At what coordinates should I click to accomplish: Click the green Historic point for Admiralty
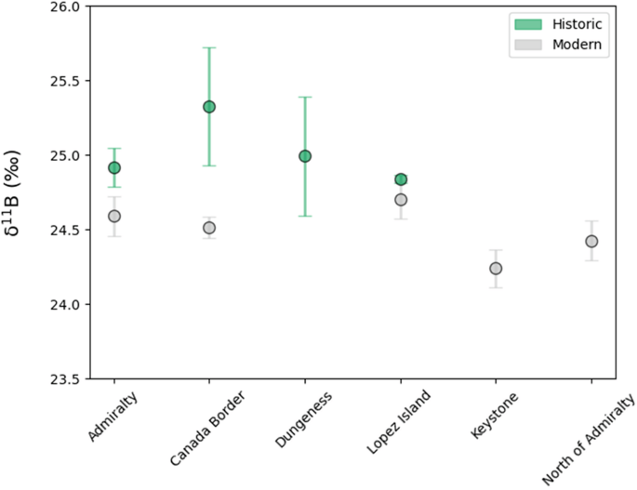(114, 167)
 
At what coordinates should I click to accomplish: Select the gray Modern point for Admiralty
(114, 216)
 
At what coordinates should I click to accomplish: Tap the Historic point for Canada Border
(209, 107)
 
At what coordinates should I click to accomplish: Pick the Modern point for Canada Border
(209, 228)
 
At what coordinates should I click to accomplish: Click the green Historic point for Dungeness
(305, 156)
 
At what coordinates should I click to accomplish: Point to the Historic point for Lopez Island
(401, 179)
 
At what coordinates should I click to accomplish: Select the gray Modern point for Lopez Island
(401, 200)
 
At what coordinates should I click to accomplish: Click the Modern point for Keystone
(496, 269)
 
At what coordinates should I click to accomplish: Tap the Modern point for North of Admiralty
(591, 242)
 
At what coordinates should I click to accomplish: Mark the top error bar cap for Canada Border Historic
(209, 47)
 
